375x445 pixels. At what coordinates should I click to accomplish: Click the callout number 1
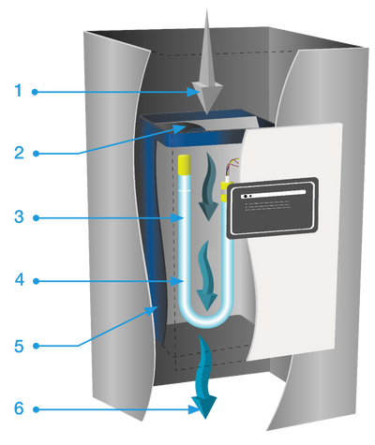[x=16, y=91]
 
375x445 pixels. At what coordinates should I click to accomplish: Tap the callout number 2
[x=16, y=153]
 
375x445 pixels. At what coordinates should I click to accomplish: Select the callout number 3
[x=16, y=217]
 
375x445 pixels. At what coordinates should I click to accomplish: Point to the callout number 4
[x=16, y=280]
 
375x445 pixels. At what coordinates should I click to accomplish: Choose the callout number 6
[x=16, y=409]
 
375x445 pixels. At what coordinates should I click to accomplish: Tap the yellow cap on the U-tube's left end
[x=185, y=168]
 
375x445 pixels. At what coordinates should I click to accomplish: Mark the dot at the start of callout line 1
[x=35, y=91]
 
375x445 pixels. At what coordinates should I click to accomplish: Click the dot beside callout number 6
[x=35, y=409]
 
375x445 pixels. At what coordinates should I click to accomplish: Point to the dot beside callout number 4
[x=35, y=280]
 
